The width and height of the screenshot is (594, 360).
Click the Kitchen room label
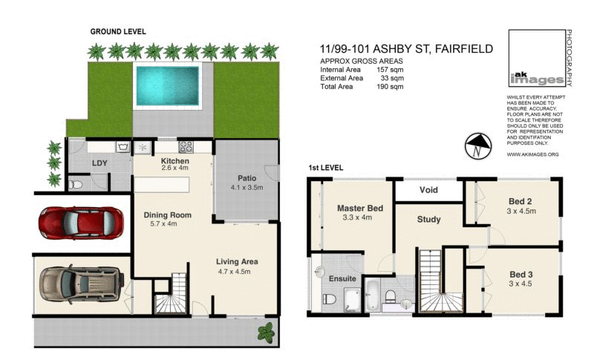175,161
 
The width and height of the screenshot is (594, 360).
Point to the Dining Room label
168,215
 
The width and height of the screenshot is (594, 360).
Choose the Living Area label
238,262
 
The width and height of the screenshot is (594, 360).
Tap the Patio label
247,178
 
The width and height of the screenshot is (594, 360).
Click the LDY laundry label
100,163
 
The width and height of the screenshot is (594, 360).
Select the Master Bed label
359,209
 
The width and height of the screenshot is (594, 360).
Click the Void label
429,190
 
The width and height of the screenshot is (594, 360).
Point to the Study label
428,219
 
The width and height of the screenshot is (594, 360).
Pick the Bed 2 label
519,201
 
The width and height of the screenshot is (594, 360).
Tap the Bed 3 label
519,273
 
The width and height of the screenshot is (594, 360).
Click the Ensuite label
342,278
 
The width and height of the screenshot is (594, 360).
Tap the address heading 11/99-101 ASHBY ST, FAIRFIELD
405,49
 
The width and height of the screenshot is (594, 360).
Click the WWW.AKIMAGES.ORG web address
532,154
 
